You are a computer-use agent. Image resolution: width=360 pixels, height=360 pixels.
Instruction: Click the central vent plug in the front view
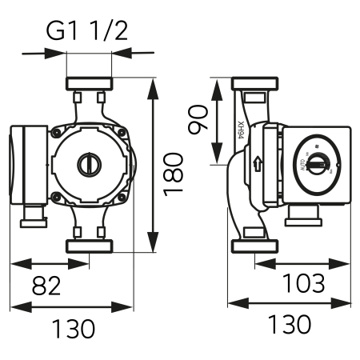click(89, 165)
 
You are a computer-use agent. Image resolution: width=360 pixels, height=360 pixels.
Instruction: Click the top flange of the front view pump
click(89, 84)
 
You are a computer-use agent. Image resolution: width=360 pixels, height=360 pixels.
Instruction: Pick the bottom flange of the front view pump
click(89, 246)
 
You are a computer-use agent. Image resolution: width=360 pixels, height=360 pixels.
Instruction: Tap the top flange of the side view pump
click(255, 84)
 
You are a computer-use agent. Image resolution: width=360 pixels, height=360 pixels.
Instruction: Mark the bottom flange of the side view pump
click(255, 246)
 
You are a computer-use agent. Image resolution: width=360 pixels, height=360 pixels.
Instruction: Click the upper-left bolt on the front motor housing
click(57, 133)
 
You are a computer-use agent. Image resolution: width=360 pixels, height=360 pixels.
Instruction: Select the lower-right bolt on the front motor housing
click(121, 197)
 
